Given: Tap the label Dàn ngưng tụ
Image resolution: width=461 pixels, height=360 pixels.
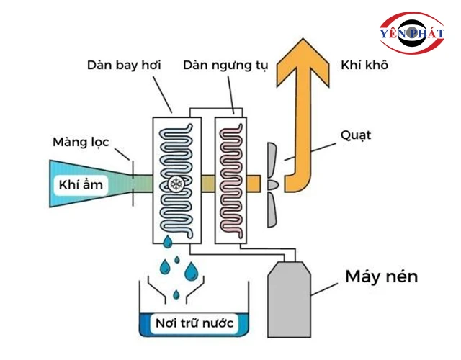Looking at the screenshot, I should click(x=225, y=66).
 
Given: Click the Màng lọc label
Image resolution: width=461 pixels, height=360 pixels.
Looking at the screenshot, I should click(x=81, y=142).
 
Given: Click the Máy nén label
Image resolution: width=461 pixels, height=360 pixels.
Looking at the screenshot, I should click(x=381, y=276).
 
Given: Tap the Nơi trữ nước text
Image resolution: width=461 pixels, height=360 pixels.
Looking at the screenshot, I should click(x=194, y=323).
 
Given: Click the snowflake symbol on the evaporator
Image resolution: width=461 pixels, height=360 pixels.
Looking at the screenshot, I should click(x=175, y=184).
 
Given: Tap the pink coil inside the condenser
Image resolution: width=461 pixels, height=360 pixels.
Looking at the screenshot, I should click(x=231, y=176).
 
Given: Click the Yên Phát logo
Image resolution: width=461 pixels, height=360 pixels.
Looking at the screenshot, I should click(x=412, y=34).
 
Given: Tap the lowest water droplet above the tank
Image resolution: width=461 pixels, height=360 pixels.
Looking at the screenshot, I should click(x=176, y=294).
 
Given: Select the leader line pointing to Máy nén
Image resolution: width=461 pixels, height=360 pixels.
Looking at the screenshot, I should click(x=326, y=287).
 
